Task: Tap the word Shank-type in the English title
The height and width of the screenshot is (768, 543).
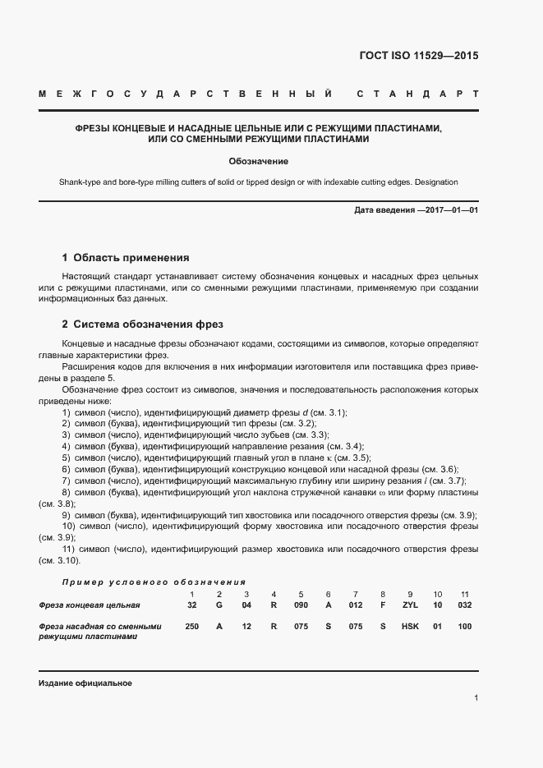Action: (81, 182)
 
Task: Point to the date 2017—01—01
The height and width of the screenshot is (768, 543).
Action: (449, 211)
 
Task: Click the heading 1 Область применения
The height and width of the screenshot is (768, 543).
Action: (126, 257)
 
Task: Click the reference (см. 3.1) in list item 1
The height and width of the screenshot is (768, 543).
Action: (327, 412)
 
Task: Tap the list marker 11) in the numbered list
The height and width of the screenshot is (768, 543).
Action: (71, 549)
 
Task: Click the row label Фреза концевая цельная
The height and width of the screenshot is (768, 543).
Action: (90, 605)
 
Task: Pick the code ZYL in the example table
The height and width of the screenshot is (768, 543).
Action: (410, 605)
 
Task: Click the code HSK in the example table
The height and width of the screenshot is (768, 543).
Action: (410, 626)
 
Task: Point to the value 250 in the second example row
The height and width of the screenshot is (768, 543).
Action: (191, 626)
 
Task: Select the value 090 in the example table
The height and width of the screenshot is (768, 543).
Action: (301, 605)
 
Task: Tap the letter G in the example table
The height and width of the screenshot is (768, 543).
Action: (219, 605)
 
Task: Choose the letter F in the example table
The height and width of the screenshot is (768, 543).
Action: (382, 605)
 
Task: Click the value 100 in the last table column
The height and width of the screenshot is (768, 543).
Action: (464, 626)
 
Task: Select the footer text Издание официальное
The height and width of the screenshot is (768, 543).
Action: (85, 683)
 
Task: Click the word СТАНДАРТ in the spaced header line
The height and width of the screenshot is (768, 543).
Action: (418, 94)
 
